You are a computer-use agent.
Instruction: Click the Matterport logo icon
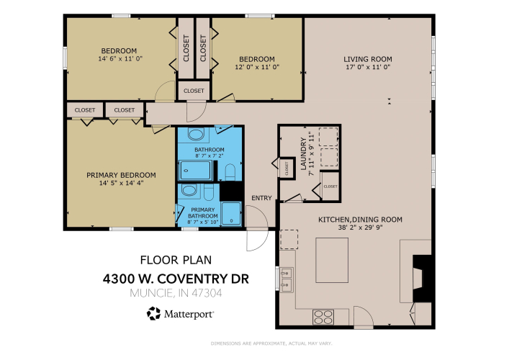click(153, 314)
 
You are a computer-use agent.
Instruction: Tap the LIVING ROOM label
click(368, 59)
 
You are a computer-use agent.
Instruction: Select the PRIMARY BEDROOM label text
click(121, 175)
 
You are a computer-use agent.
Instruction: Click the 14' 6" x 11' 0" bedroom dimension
click(120, 59)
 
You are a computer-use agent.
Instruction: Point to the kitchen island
click(332, 260)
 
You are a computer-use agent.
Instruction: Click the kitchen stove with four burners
click(323, 317)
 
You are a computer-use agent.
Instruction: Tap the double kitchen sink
click(287, 279)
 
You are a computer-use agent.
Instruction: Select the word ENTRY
click(261, 198)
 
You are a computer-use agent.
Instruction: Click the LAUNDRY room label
click(304, 153)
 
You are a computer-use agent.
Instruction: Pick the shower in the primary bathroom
click(231, 213)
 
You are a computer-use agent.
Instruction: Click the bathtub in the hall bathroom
click(195, 170)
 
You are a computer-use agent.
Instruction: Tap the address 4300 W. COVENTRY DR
click(176, 279)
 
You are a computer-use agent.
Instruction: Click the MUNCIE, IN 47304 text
click(176, 293)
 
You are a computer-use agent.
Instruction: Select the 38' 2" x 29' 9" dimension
click(360, 228)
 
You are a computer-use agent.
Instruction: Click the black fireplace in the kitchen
click(423, 279)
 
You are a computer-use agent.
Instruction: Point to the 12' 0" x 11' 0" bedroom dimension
click(257, 67)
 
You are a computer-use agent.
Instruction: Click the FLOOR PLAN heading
click(176, 260)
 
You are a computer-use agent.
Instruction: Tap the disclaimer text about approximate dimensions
click(271, 343)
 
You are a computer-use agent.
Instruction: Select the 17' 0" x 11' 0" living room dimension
click(368, 67)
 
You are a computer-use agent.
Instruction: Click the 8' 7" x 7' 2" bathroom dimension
click(210, 156)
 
